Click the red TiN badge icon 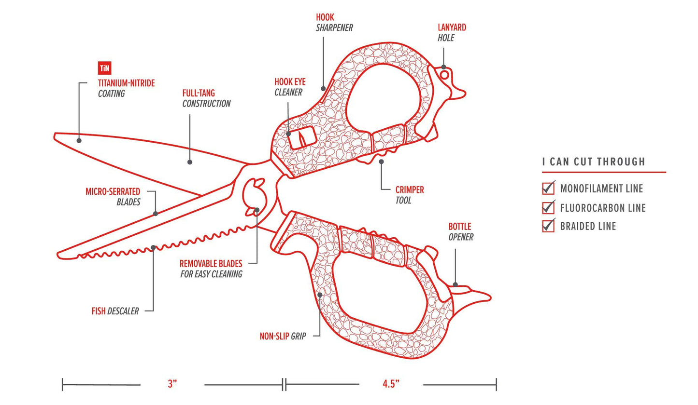(x=104, y=68)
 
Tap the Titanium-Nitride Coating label (x=126, y=88)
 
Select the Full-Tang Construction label (x=206, y=98)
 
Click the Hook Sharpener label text (x=334, y=23)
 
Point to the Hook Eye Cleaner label (x=290, y=87)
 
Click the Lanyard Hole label (x=452, y=32)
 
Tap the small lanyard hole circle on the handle (x=444, y=74)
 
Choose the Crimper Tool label (x=409, y=195)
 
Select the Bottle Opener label (x=460, y=232)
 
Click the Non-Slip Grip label (x=283, y=336)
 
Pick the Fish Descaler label (x=115, y=311)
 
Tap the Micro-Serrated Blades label (x=113, y=197)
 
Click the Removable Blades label (x=211, y=269)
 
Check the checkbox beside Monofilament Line (x=548, y=188)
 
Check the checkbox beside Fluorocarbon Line (x=548, y=207)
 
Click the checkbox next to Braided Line (x=548, y=226)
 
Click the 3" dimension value (x=172, y=384)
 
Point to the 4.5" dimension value (x=391, y=384)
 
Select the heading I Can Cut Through (x=594, y=162)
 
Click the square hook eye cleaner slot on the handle (x=302, y=138)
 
